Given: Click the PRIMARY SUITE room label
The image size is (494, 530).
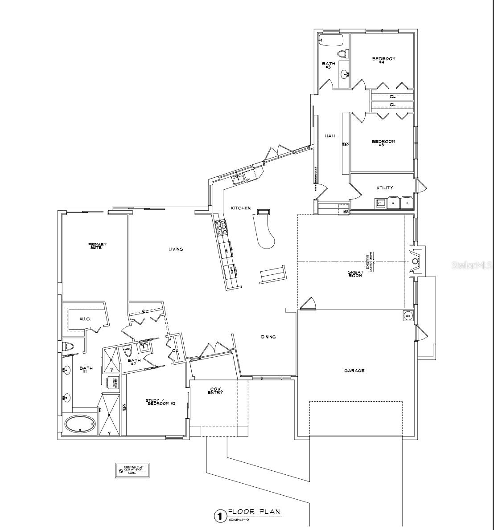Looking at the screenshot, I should (x=97, y=245).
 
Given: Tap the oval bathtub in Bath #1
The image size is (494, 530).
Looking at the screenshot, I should (x=80, y=424).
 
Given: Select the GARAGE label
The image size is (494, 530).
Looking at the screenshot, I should (x=354, y=371).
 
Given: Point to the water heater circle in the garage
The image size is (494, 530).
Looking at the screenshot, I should (x=408, y=316).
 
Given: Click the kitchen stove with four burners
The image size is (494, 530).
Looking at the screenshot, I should (x=222, y=228).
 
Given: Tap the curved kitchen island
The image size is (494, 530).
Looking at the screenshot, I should (x=265, y=232).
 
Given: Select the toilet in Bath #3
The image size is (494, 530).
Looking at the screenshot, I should (x=342, y=54).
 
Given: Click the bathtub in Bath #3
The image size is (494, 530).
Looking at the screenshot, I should (x=331, y=41).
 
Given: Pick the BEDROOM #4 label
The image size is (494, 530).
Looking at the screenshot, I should (x=383, y=60).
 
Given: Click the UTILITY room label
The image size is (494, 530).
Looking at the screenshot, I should (x=384, y=188).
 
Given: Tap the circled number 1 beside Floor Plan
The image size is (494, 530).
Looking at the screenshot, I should (x=219, y=516).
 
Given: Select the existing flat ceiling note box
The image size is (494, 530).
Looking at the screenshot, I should (x=132, y=470).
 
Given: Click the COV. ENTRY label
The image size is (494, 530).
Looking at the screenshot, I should (x=216, y=391).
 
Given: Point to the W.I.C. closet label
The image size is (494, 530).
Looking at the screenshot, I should (x=86, y=319).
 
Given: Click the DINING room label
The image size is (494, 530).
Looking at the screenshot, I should (x=268, y=337).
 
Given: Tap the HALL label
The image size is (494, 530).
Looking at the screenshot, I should (x=330, y=136).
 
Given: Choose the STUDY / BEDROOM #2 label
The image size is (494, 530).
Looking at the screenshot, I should (x=161, y=402).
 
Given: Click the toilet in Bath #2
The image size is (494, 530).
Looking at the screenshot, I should (x=128, y=352).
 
